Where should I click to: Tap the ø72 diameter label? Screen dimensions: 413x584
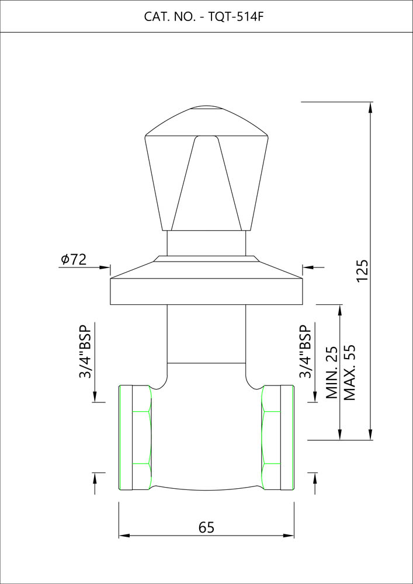point(74,259)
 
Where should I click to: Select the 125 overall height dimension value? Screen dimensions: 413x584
point(362,270)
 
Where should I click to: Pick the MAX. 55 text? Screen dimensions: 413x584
point(349,372)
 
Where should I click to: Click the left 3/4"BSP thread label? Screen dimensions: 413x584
point(85,352)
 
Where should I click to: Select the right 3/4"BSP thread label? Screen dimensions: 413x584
point(305,352)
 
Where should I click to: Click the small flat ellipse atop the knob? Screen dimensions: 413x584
point(207,109)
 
